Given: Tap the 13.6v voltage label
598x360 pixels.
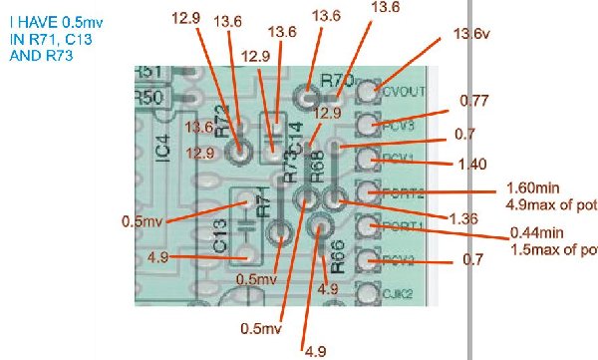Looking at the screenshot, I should pos(471,35).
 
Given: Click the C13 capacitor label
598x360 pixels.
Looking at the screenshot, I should pos(220,236).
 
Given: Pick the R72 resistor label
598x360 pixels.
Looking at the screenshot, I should pos(221,119).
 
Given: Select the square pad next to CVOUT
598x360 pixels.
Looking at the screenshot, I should pos(370,90).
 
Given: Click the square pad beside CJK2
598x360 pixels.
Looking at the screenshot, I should pos(368,293).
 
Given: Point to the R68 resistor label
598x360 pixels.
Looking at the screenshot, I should pos(317,166).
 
